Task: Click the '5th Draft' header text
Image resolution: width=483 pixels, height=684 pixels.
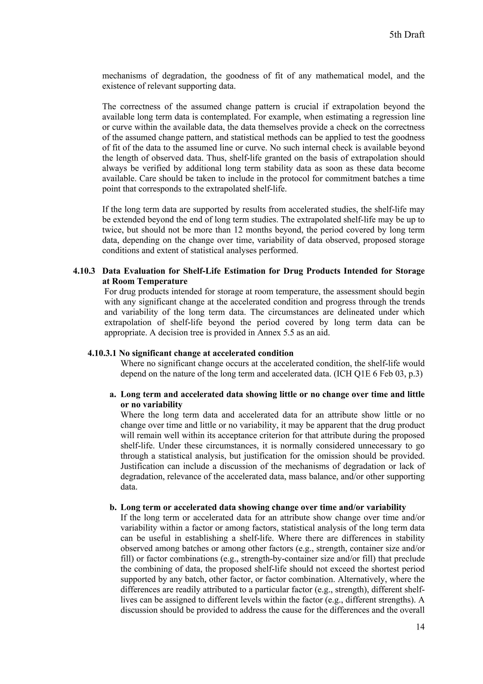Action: coord(407,35)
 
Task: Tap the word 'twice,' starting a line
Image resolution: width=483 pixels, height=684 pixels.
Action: coord(112,230)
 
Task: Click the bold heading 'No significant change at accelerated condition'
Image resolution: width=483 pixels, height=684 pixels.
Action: coord(206,353)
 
